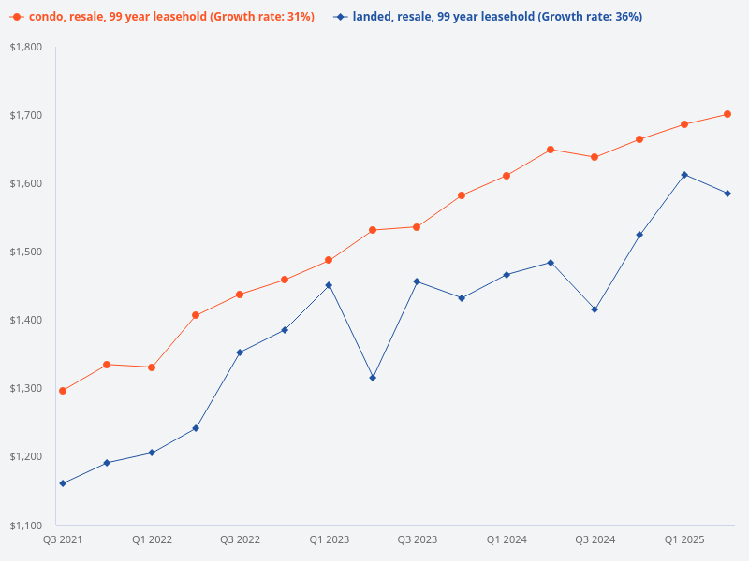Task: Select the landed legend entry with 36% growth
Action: pos(496,17)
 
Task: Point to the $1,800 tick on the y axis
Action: pos(27,47)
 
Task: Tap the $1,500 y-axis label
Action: pos(27,252)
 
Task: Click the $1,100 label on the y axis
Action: pos(27,525)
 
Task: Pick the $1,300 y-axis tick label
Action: pos(27,388)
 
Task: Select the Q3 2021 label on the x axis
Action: pos(63,539)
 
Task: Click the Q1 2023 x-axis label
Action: pos(329,539)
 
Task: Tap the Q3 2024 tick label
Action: pos(595,539)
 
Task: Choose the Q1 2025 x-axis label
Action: pos(684,539)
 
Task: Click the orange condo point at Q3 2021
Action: pos(63,391)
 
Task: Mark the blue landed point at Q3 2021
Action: pos(63,483)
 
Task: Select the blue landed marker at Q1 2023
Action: pos(329,285)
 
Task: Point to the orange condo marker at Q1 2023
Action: pos(329,260)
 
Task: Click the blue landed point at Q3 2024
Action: pos(595,309)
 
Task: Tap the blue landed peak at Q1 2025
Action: pos(684,175)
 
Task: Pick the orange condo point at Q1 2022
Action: pos(152,367)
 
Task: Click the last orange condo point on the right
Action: pos(727,114)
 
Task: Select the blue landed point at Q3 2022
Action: pos(240,352)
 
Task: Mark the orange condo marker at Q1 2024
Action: pos(507,176)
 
